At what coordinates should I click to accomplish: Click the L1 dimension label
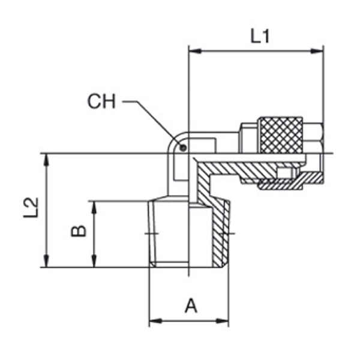[x=260, y=36]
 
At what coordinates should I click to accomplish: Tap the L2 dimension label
[x=31, y=208]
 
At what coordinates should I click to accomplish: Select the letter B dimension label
[x=79, y=231]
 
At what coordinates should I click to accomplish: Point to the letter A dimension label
[x=191, y=305]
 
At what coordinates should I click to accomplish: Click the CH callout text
[x=101, y=101]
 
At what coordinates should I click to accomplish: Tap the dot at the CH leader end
[x=183, y=148]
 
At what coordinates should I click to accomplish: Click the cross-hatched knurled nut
[x=281, y=135]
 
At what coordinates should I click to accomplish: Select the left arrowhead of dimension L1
[x=194, y=51]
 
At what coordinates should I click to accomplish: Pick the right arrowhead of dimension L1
[x=317, y=51]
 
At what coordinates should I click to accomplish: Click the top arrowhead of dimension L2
[x=47, y=160]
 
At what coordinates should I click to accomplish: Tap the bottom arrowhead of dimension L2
[x=47, y=261]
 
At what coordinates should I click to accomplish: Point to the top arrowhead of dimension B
[x=94, y=208]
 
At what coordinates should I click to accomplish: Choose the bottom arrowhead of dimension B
[x=94, y=261]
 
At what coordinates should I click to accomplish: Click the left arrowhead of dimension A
[x=155, y=321]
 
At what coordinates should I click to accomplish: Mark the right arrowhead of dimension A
[x=222, y=321]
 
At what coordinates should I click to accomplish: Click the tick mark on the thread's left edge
[x=152, y=234]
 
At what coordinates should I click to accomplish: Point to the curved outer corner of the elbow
[x=173, y=139]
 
